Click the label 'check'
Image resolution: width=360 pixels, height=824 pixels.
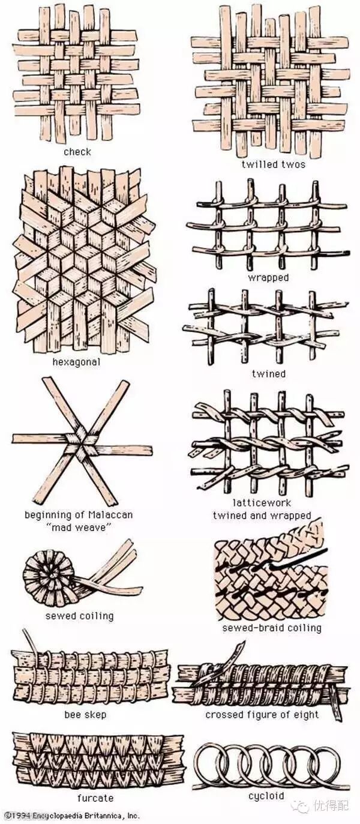77,152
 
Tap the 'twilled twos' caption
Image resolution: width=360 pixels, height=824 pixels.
273,164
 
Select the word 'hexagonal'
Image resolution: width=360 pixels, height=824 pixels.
76,362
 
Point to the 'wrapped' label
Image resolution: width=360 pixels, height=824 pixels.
268,277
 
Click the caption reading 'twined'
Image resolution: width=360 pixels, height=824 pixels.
268,373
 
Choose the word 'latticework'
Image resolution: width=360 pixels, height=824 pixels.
262,502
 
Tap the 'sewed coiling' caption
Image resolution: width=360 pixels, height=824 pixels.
79,616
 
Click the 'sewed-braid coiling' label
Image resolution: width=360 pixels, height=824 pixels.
272,628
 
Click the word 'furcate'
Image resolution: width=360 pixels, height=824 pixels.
95,798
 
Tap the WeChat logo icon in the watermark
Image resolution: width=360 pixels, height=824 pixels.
300,805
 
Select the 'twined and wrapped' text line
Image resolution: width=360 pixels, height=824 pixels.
262,516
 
